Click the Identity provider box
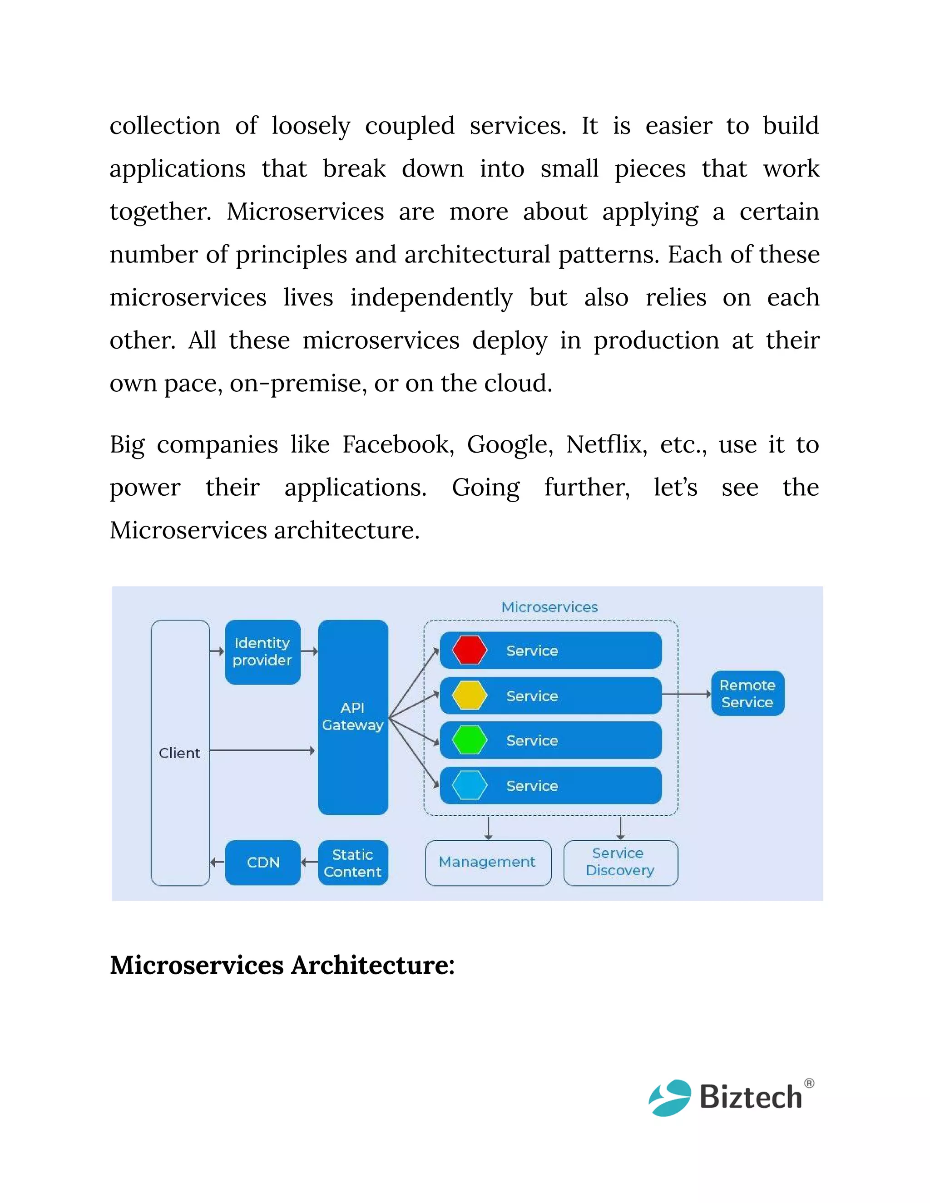[x=262, y=651]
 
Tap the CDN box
[x=263, y=862]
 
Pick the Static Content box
[x=352, y=863]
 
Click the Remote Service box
[x=747, y=694]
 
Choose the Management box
[x=488, y=862]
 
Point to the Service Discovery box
[x=620, y=862]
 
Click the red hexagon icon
[x=470, y=650]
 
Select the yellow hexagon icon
[x=470, y=695]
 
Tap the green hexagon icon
[x=470, y=740]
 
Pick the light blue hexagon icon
[x=470, y=785]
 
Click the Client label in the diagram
[x=180, y=753]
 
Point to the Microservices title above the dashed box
[x=549, y=607]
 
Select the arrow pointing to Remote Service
[x=687, y=694]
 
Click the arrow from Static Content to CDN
[x=309, y=863]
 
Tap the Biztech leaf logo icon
[x=669, y=1097]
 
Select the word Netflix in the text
[x=606, y=444]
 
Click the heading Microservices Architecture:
[x=282, y=966]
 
